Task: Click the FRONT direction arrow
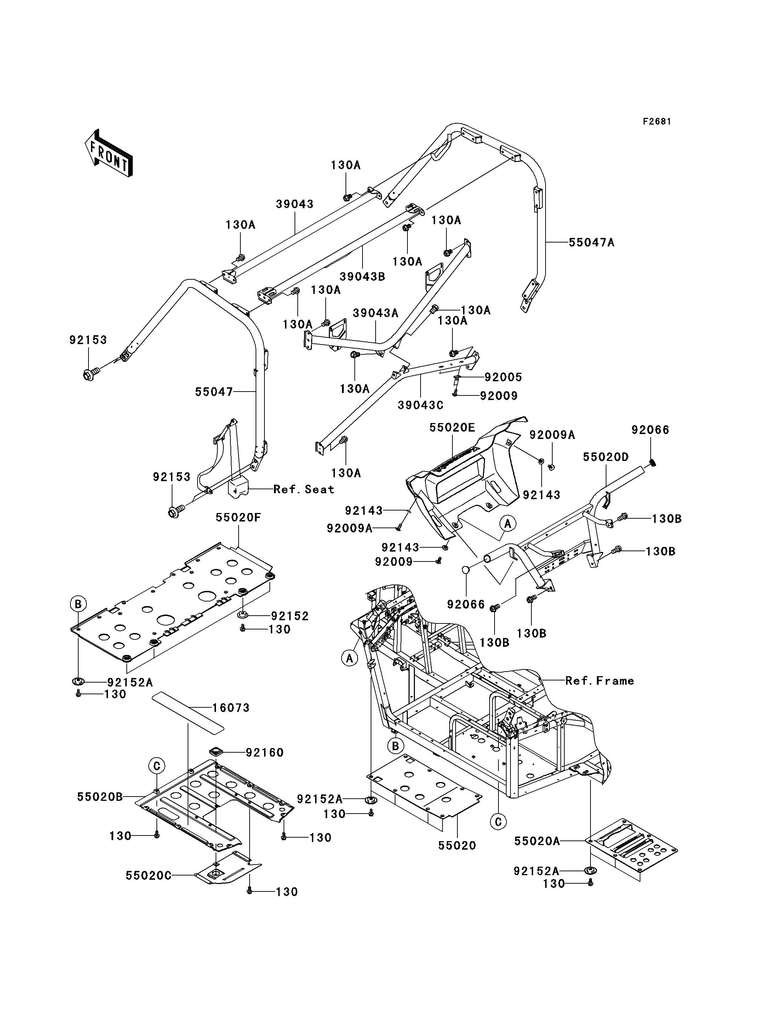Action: (x=109, y=153)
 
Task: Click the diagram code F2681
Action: (x=657, y=121)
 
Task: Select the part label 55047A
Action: (x=591, y=243)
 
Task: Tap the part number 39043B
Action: (x=362, y=277)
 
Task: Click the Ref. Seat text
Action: (x=303, y=489)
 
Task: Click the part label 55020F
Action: (x=238, y=518)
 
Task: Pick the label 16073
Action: (x=231, y=708)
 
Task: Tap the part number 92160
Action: (x=265, y=753)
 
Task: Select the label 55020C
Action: (x=148, y=876)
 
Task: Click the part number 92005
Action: (x=503, y=377)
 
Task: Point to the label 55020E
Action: (x=452, y=427)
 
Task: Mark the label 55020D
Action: (x=606, y=457)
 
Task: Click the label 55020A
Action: (x=537, y=841)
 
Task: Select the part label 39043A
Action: (x=376, y=313)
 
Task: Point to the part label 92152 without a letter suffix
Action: (x=290, y=616)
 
